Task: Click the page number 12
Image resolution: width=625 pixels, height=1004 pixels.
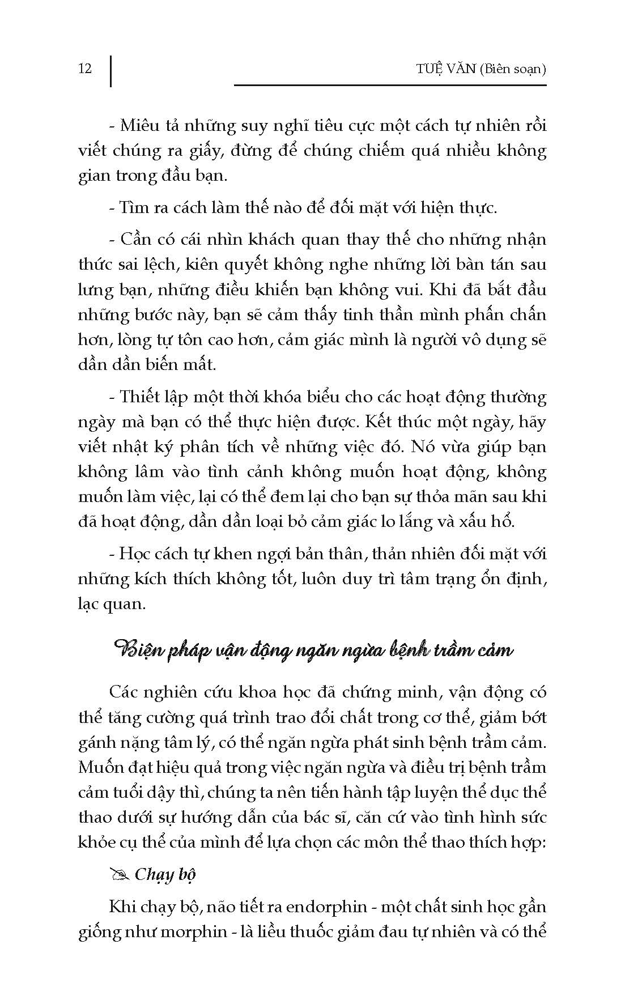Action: click(85, 69)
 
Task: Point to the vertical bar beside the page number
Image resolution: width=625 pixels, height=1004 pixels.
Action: click(111, 70)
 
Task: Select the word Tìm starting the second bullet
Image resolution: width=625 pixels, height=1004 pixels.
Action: click(133, 207)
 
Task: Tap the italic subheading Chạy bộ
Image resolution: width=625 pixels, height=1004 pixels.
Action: click(165, 874)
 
